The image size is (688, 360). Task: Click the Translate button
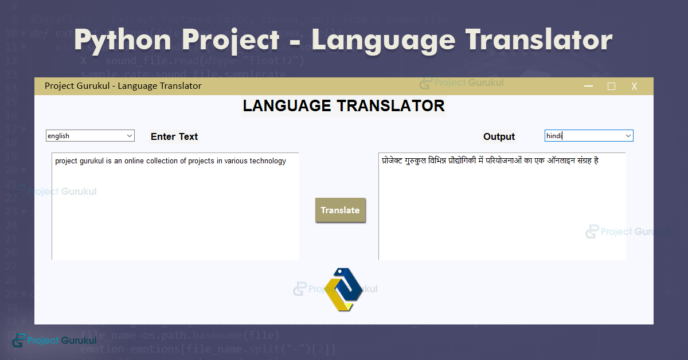pyautogui.click(x=340, y=210)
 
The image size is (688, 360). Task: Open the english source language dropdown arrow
pyautogui.click(x=128, y=136)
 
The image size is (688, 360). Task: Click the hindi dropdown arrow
pyautogui.click(x=628, y=136)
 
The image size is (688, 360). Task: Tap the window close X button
pyautogui.click(x=634, y=87)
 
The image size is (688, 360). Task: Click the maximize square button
pyautogui.click(x=611, y=87)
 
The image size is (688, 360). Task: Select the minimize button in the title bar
pyautogui.click(x=588, y=87)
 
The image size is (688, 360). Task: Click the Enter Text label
pyautogui.click(x=174, y=136)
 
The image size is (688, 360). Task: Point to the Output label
pyautogui.click(x=499, y=136)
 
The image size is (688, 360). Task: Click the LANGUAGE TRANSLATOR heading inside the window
pyautogui.click(x=343, y=106)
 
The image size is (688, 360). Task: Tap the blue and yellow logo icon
pyautogui.click(x=343, y=289)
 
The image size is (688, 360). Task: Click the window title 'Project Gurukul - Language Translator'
pyautogui.click(x=123, y=86)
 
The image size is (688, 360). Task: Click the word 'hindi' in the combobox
pyautogui.click(x=554, y=136)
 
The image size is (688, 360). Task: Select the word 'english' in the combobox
pyautogui.click(x=58, y=136)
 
